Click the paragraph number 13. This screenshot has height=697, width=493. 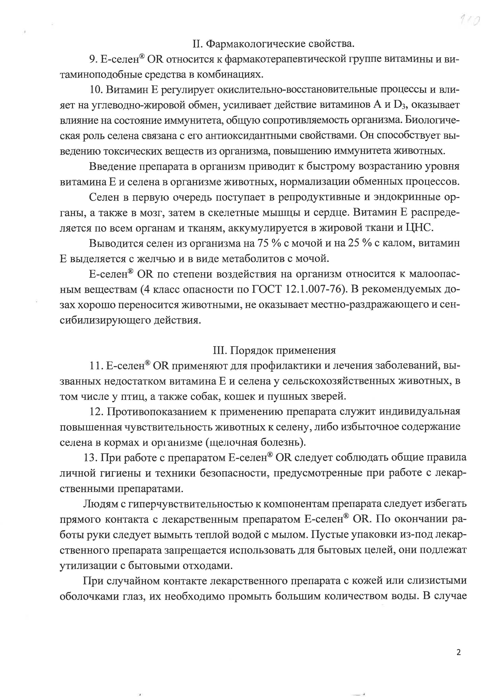click(90, 458)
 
